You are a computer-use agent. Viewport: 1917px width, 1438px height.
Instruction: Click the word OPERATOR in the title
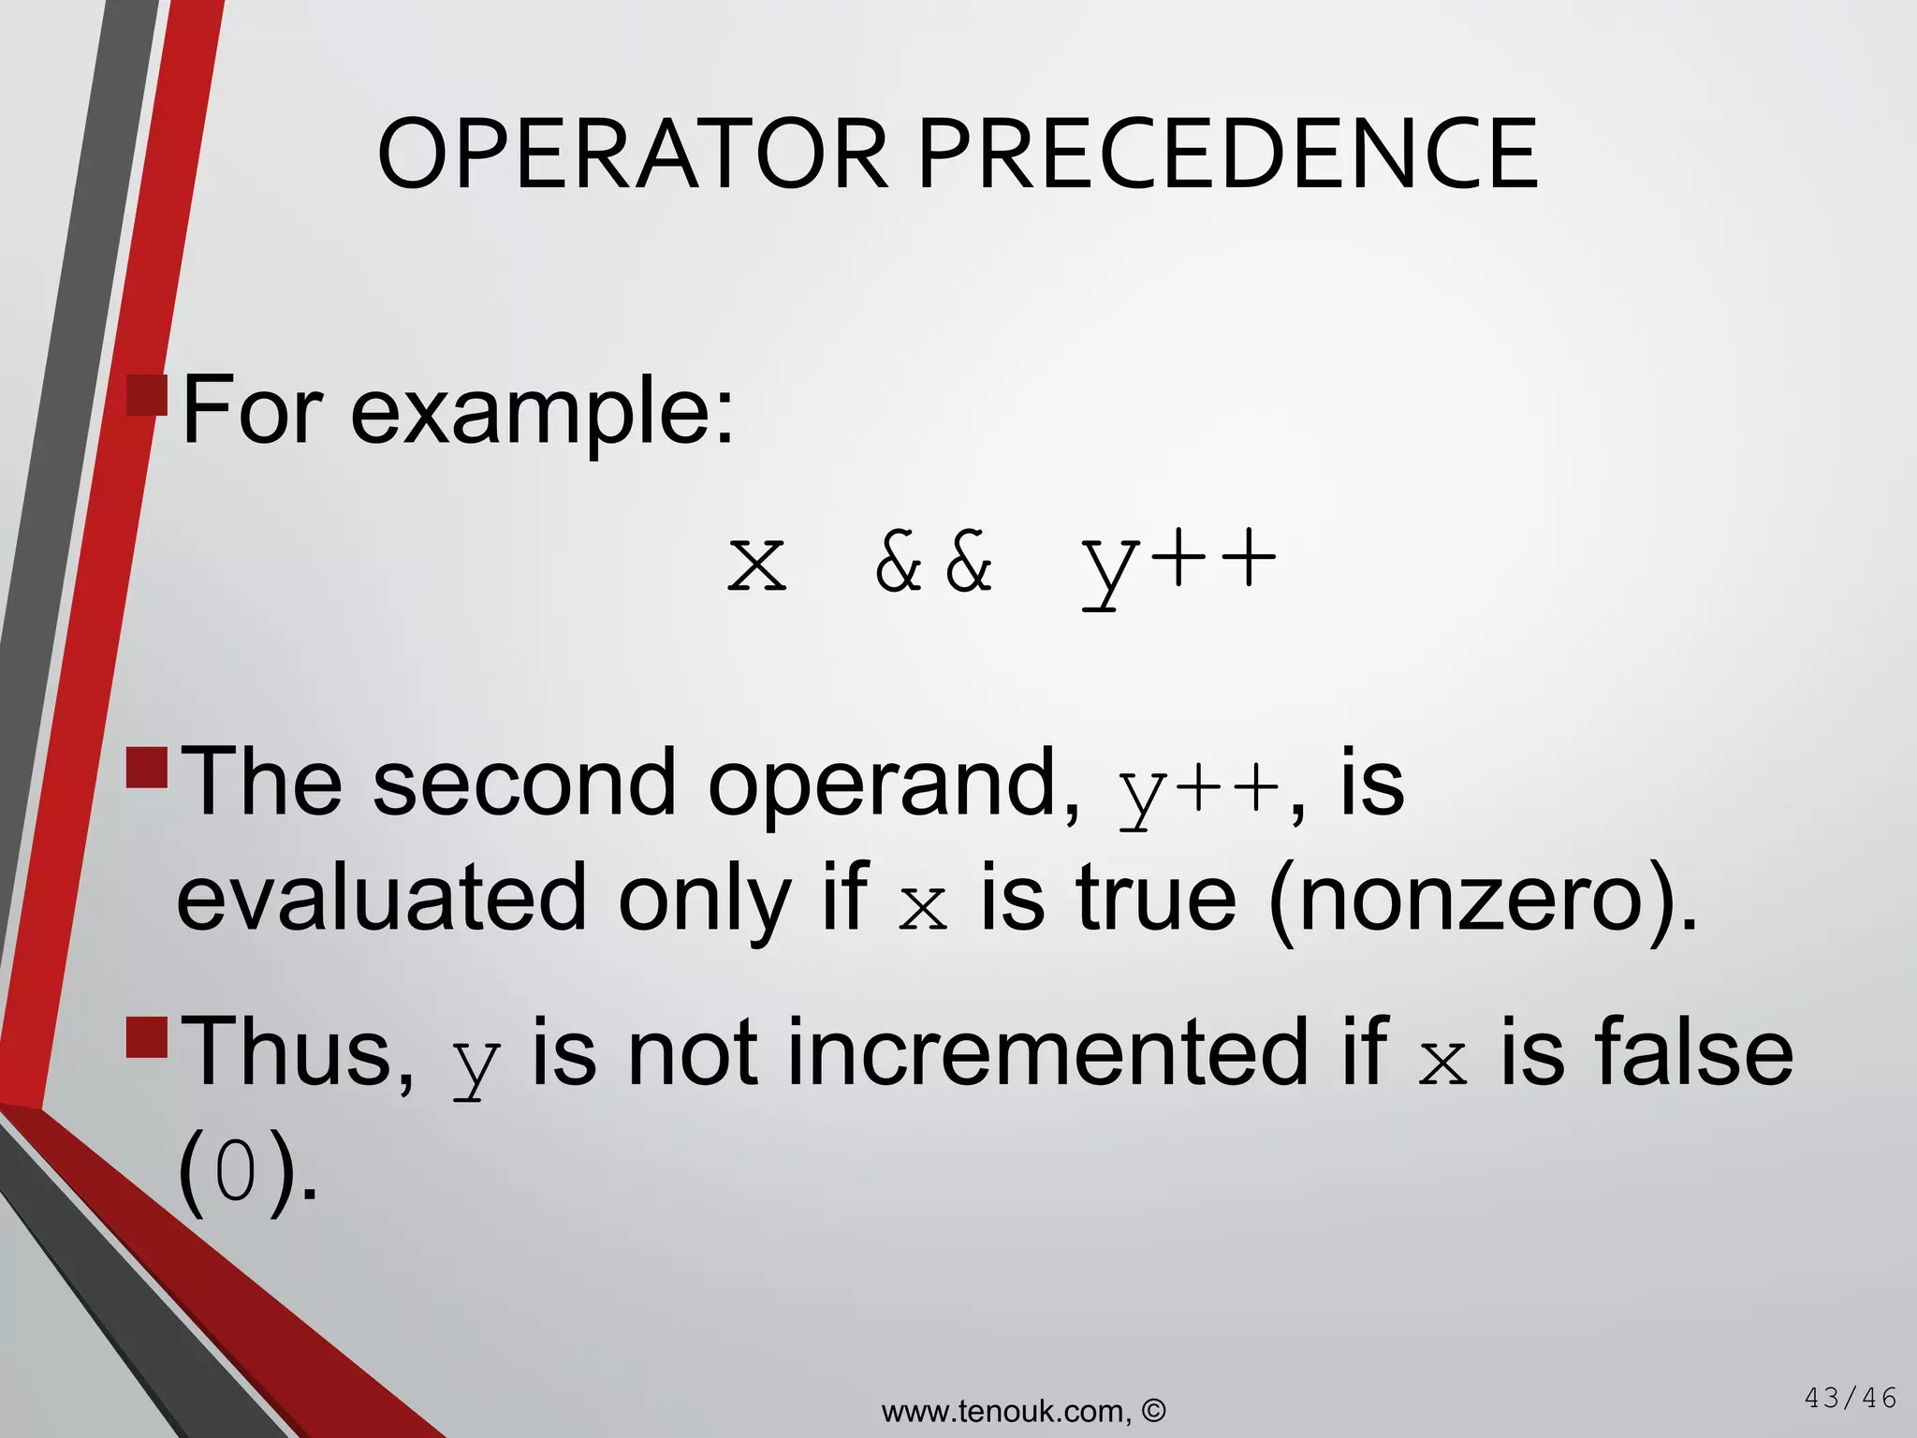[x=633, y=154]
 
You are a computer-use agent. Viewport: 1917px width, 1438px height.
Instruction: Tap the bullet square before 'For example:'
[x=147, y=395]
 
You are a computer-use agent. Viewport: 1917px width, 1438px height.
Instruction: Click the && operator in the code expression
[x=933, y=563]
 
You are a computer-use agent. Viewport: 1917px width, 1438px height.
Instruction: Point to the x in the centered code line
[x=757, y=565]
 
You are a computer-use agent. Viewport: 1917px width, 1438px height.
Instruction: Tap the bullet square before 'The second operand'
[x=147, y=767]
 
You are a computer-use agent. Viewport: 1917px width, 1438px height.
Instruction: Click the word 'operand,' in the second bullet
[x=894, y=785]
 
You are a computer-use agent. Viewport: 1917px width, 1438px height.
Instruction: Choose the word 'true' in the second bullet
[x=1157, y=899]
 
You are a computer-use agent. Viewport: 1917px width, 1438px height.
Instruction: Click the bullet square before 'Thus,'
[x=147, y=1036]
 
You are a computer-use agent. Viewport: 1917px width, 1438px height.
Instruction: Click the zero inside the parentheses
[x=236, y=1174]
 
